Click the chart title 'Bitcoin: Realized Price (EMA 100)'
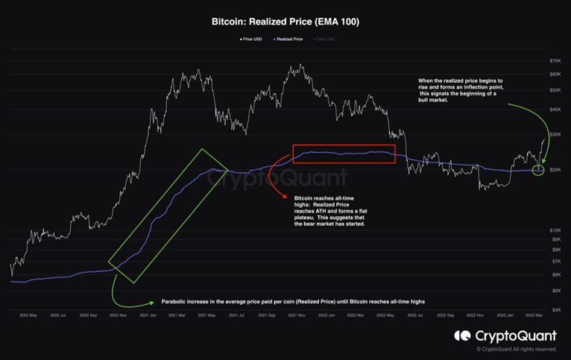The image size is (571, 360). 285,22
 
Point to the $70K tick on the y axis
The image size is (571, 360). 555,60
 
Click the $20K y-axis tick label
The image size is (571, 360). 555,170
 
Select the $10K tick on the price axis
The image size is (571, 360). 555,230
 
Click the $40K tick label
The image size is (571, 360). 555,110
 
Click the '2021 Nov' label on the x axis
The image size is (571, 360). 297,316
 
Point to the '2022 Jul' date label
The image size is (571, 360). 417,316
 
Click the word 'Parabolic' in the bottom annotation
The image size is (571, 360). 175,302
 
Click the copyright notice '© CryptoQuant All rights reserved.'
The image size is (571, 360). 517,349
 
